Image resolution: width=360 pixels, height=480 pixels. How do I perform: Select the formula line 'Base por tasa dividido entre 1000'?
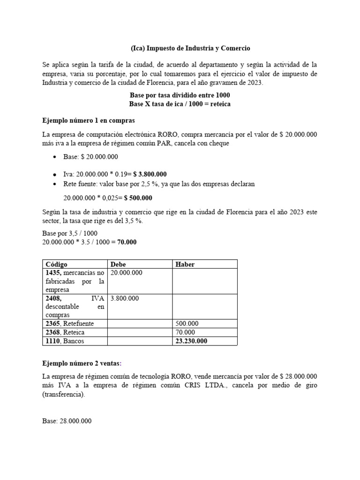point(180,95)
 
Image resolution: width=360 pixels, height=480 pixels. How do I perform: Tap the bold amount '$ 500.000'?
point(138,198)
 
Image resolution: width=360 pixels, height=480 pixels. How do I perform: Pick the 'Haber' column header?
point(185,264)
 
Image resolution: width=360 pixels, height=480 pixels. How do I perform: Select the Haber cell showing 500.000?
point(187,323)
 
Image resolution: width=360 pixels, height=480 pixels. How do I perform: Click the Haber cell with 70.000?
point(186,332)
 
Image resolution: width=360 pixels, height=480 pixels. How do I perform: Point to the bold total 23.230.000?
point(192,341)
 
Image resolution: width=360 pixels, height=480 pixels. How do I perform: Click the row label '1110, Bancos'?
point(65,341)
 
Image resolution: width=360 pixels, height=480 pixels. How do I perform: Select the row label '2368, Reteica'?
point(65,332)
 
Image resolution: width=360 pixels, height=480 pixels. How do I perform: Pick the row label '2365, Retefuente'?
point(69,323)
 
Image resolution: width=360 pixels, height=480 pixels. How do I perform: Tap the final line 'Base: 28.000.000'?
point(67,421)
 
